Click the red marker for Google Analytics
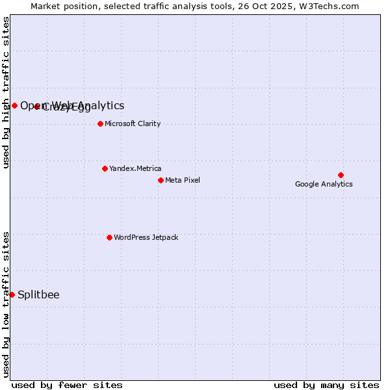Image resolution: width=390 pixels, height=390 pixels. [x=341, y=175]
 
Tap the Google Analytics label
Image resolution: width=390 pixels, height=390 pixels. [x=324, y=184]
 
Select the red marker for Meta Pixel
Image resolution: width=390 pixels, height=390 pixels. [x=161, y=180]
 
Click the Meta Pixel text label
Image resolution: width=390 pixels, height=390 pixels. [x=183, y=180]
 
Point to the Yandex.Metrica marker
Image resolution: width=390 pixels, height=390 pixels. [x=105, y=168]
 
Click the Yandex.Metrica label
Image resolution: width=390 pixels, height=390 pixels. [x=135, y=168]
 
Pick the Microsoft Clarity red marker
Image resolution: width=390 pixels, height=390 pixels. [x=100, y=123]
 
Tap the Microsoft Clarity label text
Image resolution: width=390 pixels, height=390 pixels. [x=133, y=123]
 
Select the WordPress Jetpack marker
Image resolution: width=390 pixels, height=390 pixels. [x=109, y=237]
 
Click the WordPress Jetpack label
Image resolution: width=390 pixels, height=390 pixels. [x=146, y=237]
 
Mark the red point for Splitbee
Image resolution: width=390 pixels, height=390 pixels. [x=12, y=294]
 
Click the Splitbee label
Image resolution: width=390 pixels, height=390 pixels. [x=38, y=294]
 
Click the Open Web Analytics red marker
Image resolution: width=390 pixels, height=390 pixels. [x=14, y=105]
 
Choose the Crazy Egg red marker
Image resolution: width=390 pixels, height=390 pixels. [x=37, y=107]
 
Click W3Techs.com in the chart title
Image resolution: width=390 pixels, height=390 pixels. [x=327, y=6]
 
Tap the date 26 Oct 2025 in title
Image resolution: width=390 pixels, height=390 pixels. [x=266, y=6]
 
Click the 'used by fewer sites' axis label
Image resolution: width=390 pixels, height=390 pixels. [x=67, y=385]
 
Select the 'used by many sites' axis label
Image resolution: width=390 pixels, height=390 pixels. [x=326, y=385]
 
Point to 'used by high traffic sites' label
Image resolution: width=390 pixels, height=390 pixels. [x=6, y=92]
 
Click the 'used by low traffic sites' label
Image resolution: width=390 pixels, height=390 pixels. [x=6, y=304]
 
